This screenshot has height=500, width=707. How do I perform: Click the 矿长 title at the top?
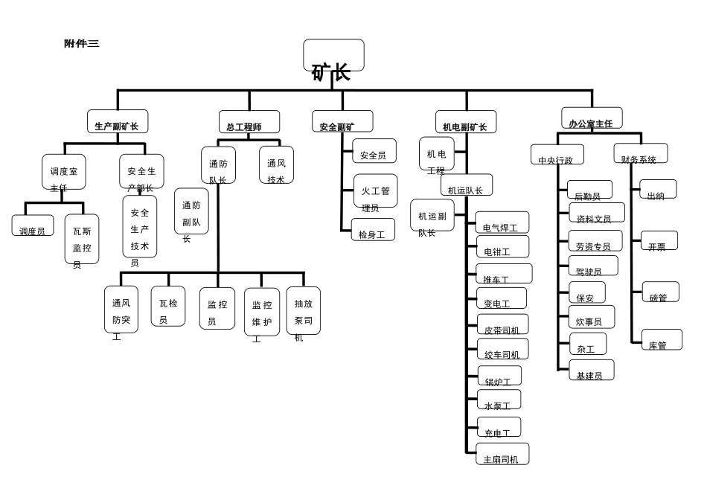point(332,71)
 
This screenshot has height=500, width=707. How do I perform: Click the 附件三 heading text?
point(82,44)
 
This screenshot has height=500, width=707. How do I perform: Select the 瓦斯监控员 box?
point(82,240)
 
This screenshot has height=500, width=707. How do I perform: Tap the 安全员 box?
point(374,152)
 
